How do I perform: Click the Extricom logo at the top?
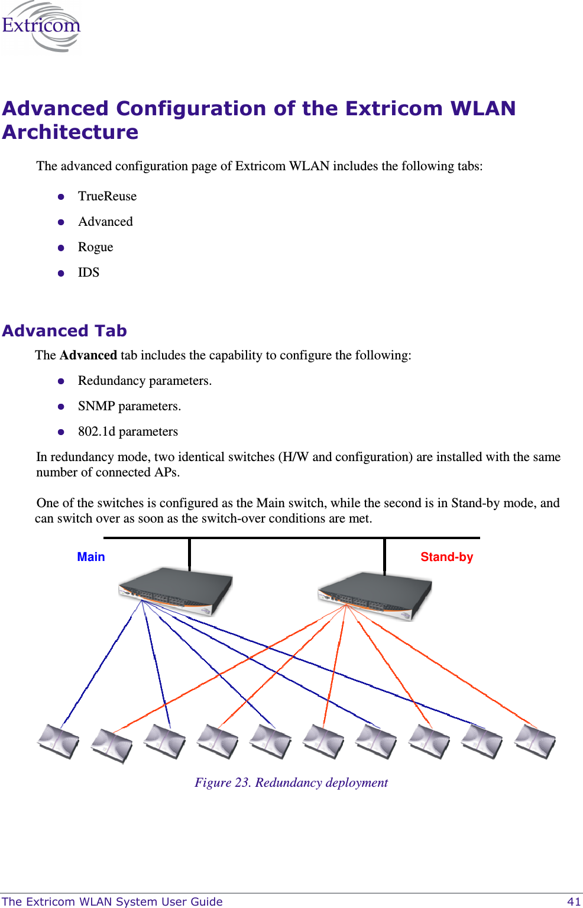[x=41, y=27]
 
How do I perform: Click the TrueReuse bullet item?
[x=107, y=196]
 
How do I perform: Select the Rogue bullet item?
[x=95, y=247]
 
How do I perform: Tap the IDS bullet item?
[x=89, y=273]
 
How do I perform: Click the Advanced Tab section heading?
[x=64, y=330]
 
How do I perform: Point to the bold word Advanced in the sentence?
[x=88, y=355]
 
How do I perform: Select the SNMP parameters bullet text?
[x=129, y=406]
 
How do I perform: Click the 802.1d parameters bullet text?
[x=128, y=432]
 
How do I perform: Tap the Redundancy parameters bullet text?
[x=144, y=381]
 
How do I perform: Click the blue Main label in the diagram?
[x=91, y=557]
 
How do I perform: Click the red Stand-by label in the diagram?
[x=446, y=557]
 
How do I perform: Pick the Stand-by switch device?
[x=375, y=595]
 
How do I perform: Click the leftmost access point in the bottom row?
[x=58, y=741]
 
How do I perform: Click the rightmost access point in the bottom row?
[x=535, y=741]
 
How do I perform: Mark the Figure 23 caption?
[x=291, y=783]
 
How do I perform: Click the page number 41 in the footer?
[x=573, y=901]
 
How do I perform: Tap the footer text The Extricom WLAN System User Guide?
[x=112, y=901]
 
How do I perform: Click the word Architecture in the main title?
[x=70, y=132]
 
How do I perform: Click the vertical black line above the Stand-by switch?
[x=384, y=556]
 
